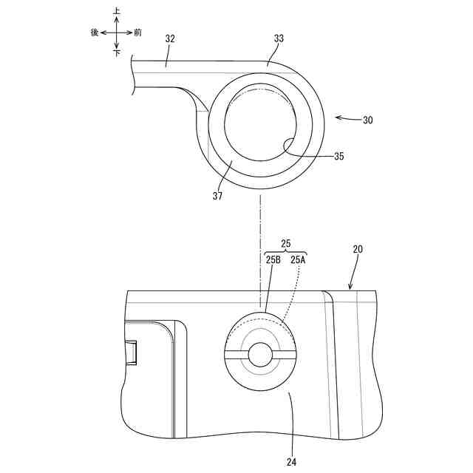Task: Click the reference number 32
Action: [170, 39]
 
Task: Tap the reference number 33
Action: [279, 38]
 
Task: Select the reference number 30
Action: [368, 120]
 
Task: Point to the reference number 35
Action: [339, 156]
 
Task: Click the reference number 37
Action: [217, 196]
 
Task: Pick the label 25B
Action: [273, 259]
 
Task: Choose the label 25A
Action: [298, 259]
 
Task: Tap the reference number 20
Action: [358, 249]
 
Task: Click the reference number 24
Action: [291, 462]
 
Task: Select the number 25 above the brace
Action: [286, 244]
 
